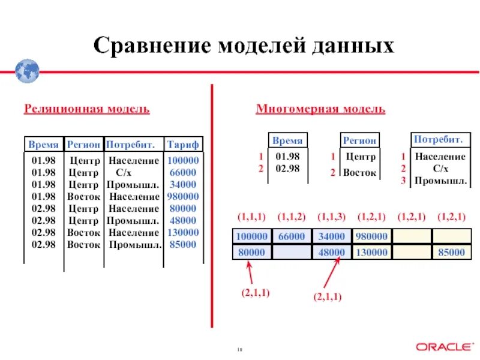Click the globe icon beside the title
[28, 71]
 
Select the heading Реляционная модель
[86, 109]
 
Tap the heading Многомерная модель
[320, 109]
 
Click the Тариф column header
[183, 145]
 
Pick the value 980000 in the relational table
[183, 197]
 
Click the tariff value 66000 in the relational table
[183, 173]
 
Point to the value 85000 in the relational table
[183, 245]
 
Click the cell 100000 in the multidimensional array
[252, 236]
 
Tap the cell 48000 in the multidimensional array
[332, 253]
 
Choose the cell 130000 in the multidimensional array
[371, 253]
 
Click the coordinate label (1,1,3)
[331, 216]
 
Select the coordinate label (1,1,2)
[292, 216]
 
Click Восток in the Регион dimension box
[360, 173]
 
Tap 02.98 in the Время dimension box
[287, 169]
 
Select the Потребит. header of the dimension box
[438, 140]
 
